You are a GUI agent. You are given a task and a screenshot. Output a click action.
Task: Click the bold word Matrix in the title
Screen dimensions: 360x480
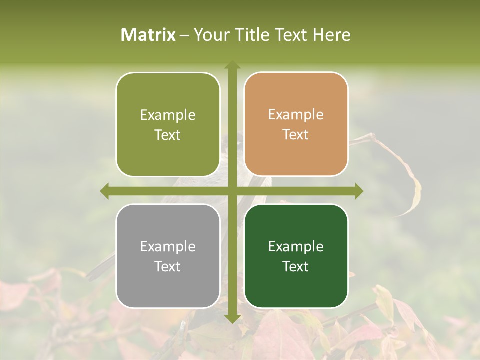tap(148, 35)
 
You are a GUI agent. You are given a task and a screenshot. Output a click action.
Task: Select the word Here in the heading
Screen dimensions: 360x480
tap(331, 35)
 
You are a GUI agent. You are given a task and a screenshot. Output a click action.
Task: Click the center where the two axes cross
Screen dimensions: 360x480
tap(232, 190)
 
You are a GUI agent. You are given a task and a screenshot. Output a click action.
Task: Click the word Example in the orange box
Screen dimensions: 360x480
tap(296, 115)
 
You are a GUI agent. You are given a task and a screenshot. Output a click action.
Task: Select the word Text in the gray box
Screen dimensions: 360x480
tap(168, 267)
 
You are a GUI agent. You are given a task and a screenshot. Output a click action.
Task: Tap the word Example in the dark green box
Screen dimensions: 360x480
tap(296, 246)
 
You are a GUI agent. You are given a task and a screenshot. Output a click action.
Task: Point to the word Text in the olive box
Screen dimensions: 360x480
tap(168, 135)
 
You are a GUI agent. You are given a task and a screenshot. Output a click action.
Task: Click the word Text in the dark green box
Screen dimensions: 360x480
tap(296, 267)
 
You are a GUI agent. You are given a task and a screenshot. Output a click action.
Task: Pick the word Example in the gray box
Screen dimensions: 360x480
tap(168, 246)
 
